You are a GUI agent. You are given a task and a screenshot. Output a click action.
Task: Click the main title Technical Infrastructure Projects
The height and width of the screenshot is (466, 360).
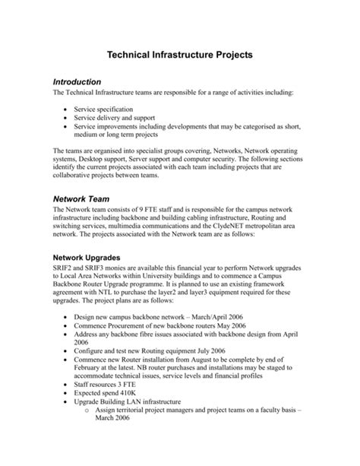179,55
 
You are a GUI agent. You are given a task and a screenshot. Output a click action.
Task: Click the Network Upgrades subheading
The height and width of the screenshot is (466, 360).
98,258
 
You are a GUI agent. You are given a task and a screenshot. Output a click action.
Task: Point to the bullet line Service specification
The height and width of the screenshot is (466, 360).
109,109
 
